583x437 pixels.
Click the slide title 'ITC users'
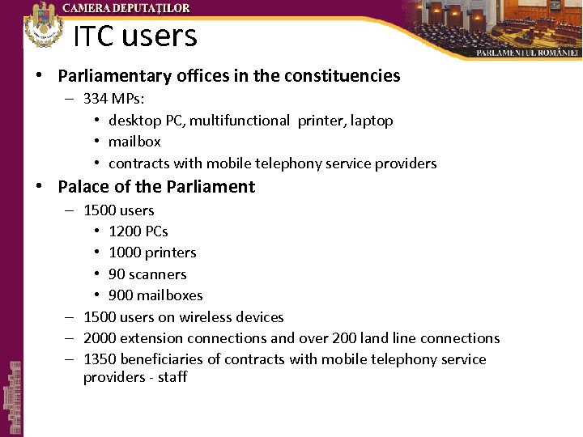[135, 36]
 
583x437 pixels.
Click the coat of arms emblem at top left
[42, 24]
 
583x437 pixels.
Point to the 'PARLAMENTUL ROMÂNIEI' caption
[527, 52]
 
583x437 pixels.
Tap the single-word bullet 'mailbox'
[134, 142]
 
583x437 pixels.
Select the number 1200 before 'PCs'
[125, 231]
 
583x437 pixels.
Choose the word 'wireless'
[195, 317]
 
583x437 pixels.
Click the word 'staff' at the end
[171, 377]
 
